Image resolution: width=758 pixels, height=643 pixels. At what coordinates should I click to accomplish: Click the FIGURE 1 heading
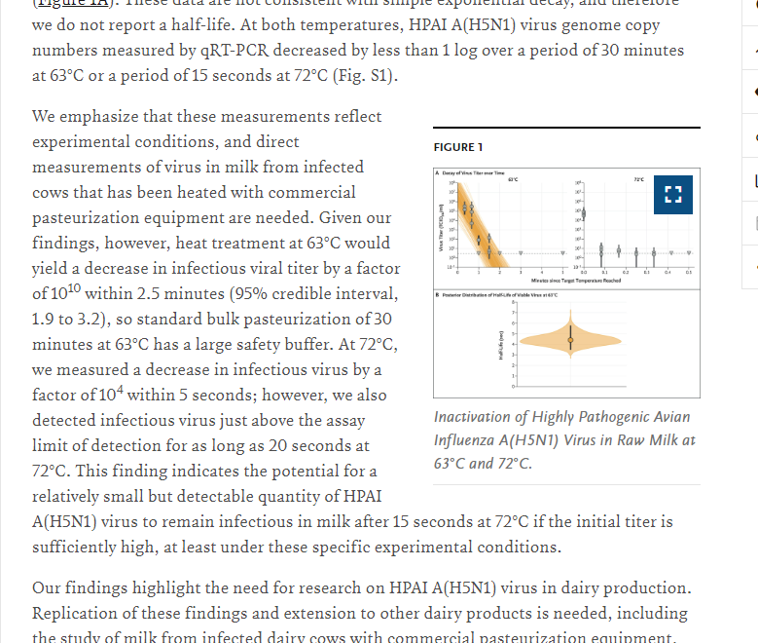[x=458, y=147]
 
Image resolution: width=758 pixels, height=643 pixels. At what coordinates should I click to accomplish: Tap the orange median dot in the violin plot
[x=570, y=338]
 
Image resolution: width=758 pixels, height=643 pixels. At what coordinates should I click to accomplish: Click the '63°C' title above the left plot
[x=512, y=178]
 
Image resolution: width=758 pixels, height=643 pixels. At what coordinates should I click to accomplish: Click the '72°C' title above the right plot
[x=638, y=178]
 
